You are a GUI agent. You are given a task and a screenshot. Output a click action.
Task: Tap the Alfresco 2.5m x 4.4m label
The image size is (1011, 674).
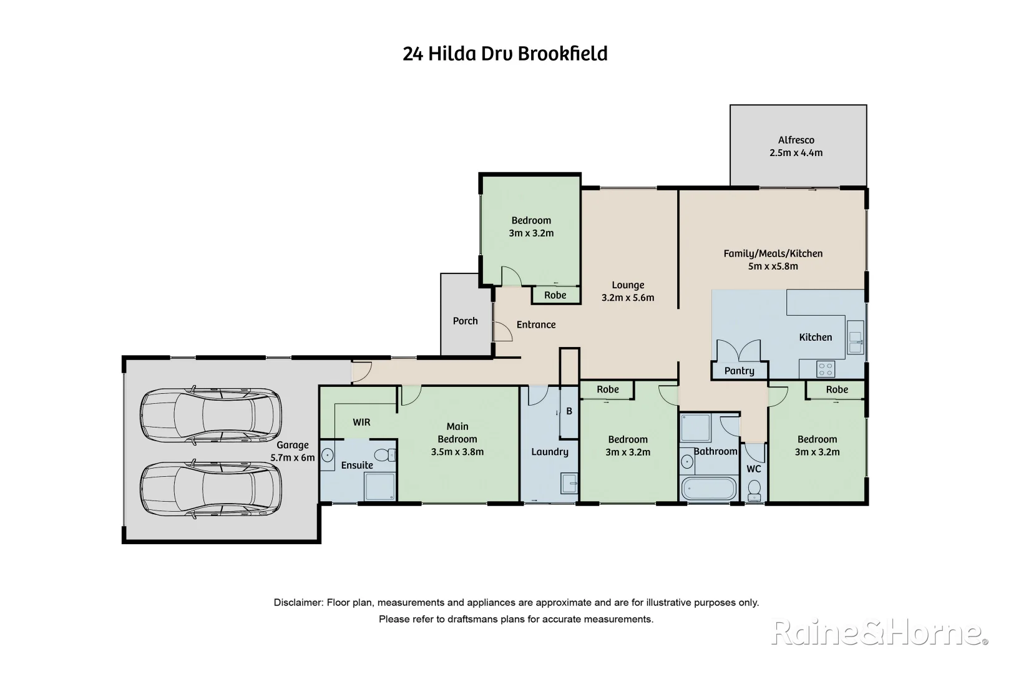pos(796,147)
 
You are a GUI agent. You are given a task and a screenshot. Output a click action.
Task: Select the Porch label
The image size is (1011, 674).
pos(465,321)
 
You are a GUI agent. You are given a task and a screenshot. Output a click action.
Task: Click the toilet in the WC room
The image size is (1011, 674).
pos(755,491)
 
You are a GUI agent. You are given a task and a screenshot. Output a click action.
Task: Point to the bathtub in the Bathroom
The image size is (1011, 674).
pos(709,488)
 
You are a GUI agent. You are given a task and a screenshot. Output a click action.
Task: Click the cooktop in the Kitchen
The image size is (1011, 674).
pos(826,369)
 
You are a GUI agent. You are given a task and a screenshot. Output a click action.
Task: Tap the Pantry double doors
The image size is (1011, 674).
pos(739,351)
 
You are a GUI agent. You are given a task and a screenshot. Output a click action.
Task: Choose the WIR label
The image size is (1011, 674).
pos(361,422)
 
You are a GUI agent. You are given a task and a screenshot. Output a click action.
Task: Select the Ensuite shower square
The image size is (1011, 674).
pos(379,486)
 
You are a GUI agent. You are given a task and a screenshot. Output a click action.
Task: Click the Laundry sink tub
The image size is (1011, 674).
pos(569,484)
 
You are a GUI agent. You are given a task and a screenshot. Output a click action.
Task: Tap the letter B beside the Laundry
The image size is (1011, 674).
pos(569,411)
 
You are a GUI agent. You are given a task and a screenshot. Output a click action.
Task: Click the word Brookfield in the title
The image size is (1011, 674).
pos(563,54)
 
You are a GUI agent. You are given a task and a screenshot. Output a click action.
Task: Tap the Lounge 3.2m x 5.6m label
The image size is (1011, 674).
pos(627,291)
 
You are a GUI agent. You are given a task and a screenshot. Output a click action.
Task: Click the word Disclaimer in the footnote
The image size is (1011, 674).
pos(298,603)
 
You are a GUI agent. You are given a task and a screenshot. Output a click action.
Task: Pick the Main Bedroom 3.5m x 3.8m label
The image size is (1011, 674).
pos(457,439)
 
